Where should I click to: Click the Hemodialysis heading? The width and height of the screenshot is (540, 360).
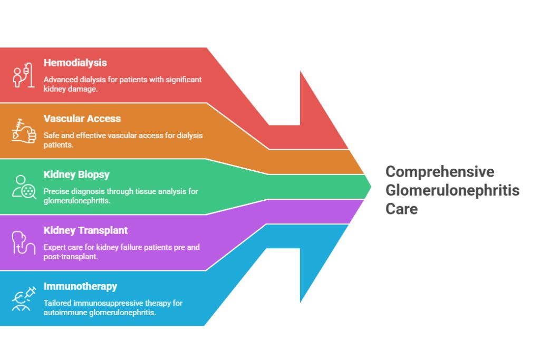(x=75, y=63)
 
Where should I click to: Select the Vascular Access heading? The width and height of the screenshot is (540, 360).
(x=82, y=119)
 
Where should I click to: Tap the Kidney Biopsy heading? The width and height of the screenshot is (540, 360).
(x=76, y=174)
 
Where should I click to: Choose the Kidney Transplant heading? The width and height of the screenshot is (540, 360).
(x=85, y=230)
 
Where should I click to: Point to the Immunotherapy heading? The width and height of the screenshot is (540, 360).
(x=80, y=286)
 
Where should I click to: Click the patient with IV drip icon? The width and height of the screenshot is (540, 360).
(x=23, y=75)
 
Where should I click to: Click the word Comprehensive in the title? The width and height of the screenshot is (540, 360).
(x=440, y=172)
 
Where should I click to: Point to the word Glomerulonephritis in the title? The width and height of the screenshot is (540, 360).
(x=452, y=190)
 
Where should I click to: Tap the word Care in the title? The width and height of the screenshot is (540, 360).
(x=401, y=209)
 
